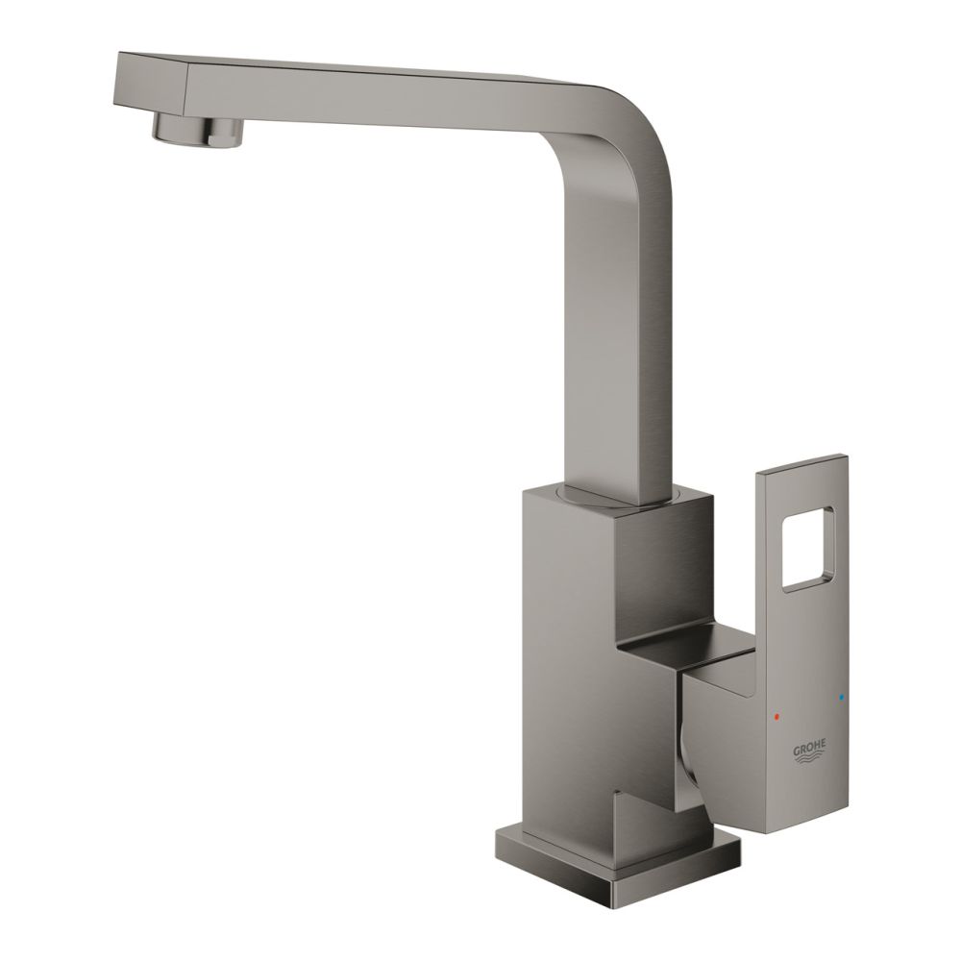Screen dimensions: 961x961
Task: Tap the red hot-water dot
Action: (778, 717)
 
